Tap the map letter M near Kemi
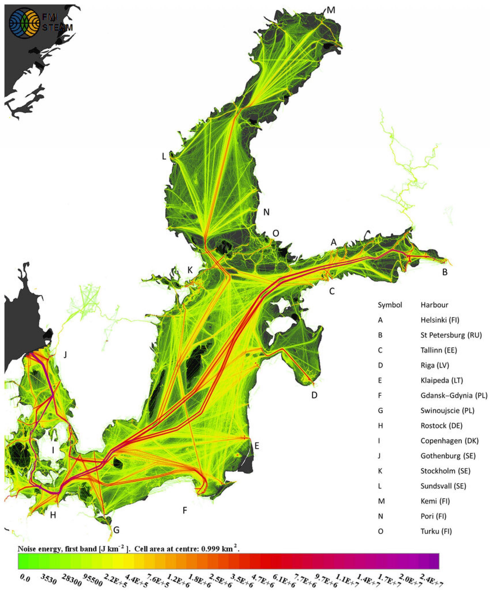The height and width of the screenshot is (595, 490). pyautogui.click(x=331, y=10)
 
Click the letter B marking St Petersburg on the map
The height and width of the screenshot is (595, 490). pyautogui.click(x=445, y=272)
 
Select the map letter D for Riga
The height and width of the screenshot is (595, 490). pyautogui.click(x=314, y=395)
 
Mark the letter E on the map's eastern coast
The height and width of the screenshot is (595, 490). pyautogui.click(x=256, y=446)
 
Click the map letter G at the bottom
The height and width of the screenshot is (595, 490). pyautogui.click(x=116, y=530)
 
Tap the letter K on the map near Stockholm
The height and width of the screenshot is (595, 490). pyautogui.click(x=190, y=270)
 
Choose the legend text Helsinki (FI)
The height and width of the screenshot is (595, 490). pyautogui.click(x=440, y=320)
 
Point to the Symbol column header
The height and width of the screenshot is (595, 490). pyautogui.click(x=390, y=305)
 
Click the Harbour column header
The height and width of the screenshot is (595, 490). pyautogui.click(x=434, y=305)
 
